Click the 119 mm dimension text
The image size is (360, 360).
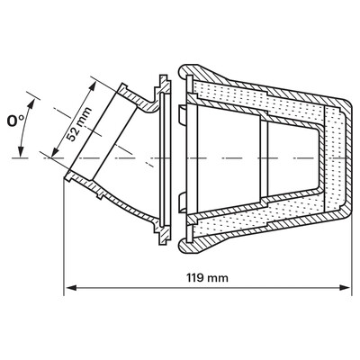[207, 278]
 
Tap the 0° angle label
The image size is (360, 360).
[15, 121]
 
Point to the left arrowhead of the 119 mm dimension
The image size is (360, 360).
[71, 288]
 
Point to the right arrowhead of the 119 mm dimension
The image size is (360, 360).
[345, 288]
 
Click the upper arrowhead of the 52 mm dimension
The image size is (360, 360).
[93, 86]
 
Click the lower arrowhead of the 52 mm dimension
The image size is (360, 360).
[55, 151]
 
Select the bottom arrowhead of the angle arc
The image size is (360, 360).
[21, 151]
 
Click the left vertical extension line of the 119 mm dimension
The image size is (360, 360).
[64, 238]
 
